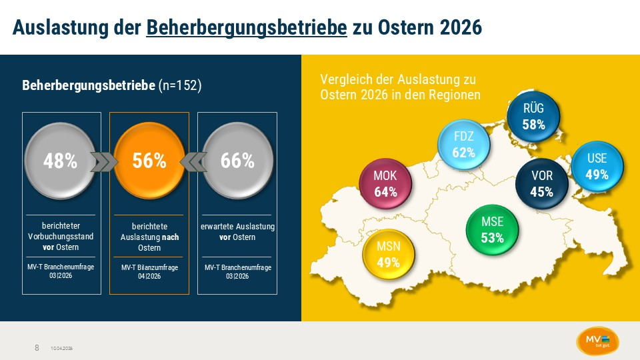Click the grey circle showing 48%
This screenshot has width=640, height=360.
[x=61, y=161]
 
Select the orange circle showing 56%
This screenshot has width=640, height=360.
[x=149, y=161]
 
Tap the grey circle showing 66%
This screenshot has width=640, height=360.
[x=237, y=161]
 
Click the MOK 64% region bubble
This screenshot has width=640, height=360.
[x=385, y=185]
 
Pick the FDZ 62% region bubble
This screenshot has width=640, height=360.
[x=463, y=144]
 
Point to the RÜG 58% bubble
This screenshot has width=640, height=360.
[x=533, y=117]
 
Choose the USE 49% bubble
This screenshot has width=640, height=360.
[x=597, y=167]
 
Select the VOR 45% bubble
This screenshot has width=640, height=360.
[x=541, y=185]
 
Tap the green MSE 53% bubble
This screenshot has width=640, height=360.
[x=493, y=229]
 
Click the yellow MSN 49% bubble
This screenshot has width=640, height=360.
[x=388, y=254]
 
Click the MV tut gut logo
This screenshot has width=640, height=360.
[x=597, y=340]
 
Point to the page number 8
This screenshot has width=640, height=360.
[x=37, y=348]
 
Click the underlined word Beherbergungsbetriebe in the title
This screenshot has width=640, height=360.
[x=247, y=28]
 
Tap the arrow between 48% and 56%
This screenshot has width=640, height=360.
[x=104, y=162]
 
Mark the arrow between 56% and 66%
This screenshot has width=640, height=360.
[x=193, y=162]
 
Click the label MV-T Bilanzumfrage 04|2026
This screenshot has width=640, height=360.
[x=149, y=271]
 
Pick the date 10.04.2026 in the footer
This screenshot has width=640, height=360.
[x=61, y=349]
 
